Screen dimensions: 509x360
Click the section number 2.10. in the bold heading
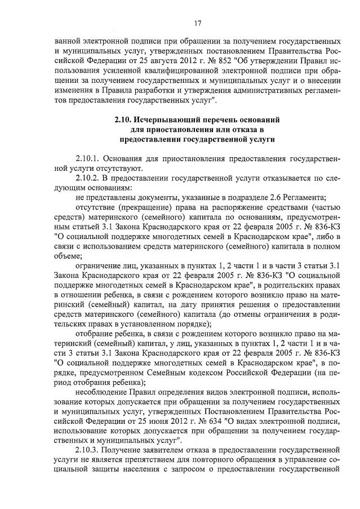[123, 121]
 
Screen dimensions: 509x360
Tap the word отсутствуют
[110, 167]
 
